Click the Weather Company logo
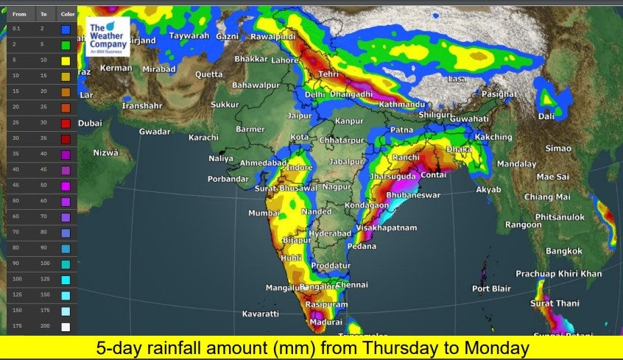108,37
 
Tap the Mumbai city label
264,213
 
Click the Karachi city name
203,138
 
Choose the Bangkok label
564,251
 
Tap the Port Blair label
491,289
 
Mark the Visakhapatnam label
386,227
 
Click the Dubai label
90,123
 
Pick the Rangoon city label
524,225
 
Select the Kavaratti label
261,314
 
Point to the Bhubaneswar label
413,195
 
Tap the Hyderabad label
330,233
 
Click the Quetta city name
208,74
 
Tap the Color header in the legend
67,14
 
